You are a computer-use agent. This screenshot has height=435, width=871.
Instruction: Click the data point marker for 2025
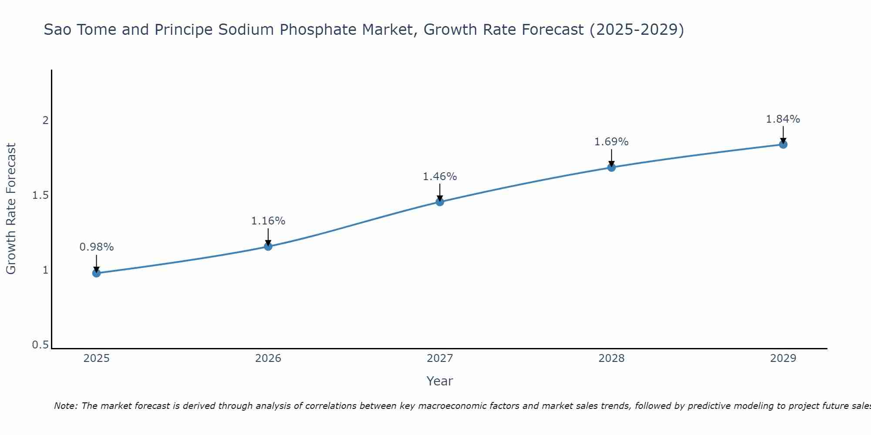(x=96, y=273)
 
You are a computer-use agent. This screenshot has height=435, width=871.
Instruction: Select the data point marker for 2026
(x=268, y=247)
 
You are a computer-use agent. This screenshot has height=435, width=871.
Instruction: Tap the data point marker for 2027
(x=440, y=202)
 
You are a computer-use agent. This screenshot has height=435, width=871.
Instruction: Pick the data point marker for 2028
(x=611, y=167)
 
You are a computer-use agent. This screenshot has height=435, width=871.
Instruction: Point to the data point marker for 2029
(x=783, y=144)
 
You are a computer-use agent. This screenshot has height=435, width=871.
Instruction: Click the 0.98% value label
(x=96, y=247)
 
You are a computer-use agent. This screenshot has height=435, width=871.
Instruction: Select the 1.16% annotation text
(x=268, y=221)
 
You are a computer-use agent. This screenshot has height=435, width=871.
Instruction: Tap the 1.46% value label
(x=440, y=177)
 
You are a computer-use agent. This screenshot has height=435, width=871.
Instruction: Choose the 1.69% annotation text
(x=611, y=142)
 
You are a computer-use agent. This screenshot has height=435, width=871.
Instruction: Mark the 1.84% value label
(x=783, y=119)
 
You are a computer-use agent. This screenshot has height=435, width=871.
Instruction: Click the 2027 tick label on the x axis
(x=440, y=358)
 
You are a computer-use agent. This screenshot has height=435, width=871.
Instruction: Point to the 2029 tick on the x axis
(x=783, y=358)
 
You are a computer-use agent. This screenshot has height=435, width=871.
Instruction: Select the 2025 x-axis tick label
(x=96, y=358)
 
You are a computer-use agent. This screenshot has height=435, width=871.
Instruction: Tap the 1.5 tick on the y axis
(x=40, y=195)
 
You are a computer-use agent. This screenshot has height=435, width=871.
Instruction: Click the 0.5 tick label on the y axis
(x=40, y=345)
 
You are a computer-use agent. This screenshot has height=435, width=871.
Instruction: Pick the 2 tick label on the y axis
(x=45, y=120)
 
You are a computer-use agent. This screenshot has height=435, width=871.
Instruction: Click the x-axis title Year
(x=440, y=381)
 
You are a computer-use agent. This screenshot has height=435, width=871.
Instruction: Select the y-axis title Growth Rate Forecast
(x=11, y=209)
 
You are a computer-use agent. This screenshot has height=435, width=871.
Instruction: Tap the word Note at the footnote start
(x=66, y=406)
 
